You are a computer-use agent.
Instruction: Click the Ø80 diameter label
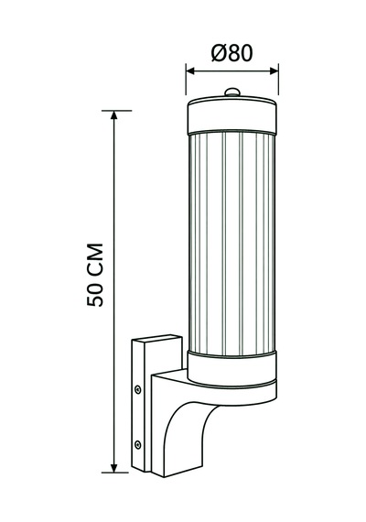[x=231, y=53]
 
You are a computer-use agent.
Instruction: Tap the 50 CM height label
[x=95, y=275]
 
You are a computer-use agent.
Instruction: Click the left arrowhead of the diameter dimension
[x=190, y=71]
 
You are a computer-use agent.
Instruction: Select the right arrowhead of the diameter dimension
[x=274, y=71]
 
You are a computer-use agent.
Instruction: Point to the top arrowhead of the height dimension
[x=114, y=115]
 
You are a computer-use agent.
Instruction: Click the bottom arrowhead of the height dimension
[x=114, y=467]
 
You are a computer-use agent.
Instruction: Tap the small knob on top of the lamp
[x=232, y=92]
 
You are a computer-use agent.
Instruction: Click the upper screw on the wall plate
[x=137, y=389]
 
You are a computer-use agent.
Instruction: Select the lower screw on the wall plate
[x=137, y=444]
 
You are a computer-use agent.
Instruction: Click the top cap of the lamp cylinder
[x=231, y=115]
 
